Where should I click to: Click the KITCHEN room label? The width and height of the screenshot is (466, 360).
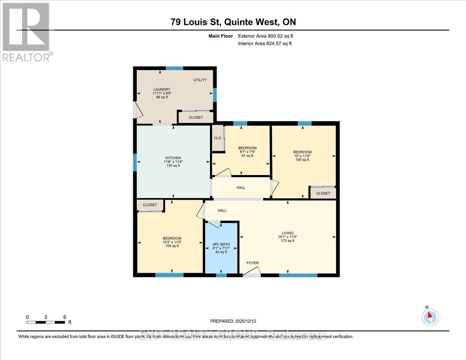[x=173, y=158]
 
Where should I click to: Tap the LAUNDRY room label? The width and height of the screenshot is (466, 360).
[x=162, y=90]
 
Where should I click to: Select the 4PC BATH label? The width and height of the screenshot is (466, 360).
[x=221, y=244]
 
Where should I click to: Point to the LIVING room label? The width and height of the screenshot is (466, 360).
[x=288, y=233]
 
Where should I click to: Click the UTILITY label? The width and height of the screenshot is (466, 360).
[x=200, y=80]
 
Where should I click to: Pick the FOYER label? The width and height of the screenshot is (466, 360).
[x=252, y=263]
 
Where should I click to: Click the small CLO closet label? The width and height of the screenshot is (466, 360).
[x=217, y=138]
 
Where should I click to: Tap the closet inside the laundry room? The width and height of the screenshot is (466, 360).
[x=196, y=117]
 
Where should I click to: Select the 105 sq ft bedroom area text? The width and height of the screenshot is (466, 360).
[x=302, y=160]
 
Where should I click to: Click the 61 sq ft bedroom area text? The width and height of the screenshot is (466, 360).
[x=247, y=156]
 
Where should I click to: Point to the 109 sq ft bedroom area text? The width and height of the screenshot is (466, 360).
[x=172, y=246]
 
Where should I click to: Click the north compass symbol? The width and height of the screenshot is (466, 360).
[x=430, y=317]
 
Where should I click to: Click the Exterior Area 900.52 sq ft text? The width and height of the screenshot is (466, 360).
[x=266, y=36]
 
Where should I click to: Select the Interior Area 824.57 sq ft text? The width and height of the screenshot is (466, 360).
[x=264, y=43]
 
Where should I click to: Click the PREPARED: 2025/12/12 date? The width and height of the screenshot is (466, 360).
[x=233, y=321]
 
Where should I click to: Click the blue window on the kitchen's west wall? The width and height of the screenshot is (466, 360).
[x=135, y=162]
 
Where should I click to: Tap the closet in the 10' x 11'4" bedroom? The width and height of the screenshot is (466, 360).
[x=323, y=193]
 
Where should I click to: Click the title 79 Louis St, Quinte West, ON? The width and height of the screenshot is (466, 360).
[x=233, y=22]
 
